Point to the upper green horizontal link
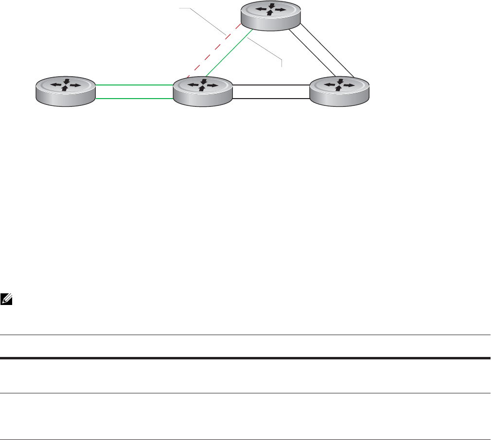pos(135,84)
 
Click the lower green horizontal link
pos(135,99)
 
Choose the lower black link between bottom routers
pos(271,99)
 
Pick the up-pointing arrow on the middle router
pos(202,88)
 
